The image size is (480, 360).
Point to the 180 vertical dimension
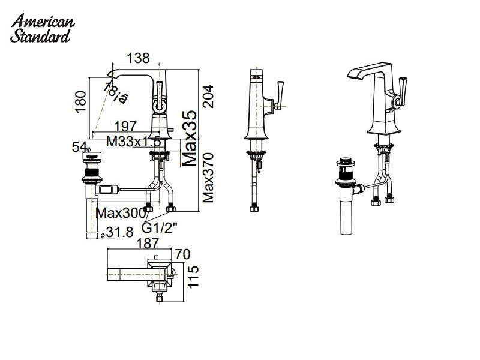click(x=82, y=102)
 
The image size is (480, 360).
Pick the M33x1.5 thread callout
click(x=133, y=142)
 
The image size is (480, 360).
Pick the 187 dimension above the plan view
click(x=148, y=243)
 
